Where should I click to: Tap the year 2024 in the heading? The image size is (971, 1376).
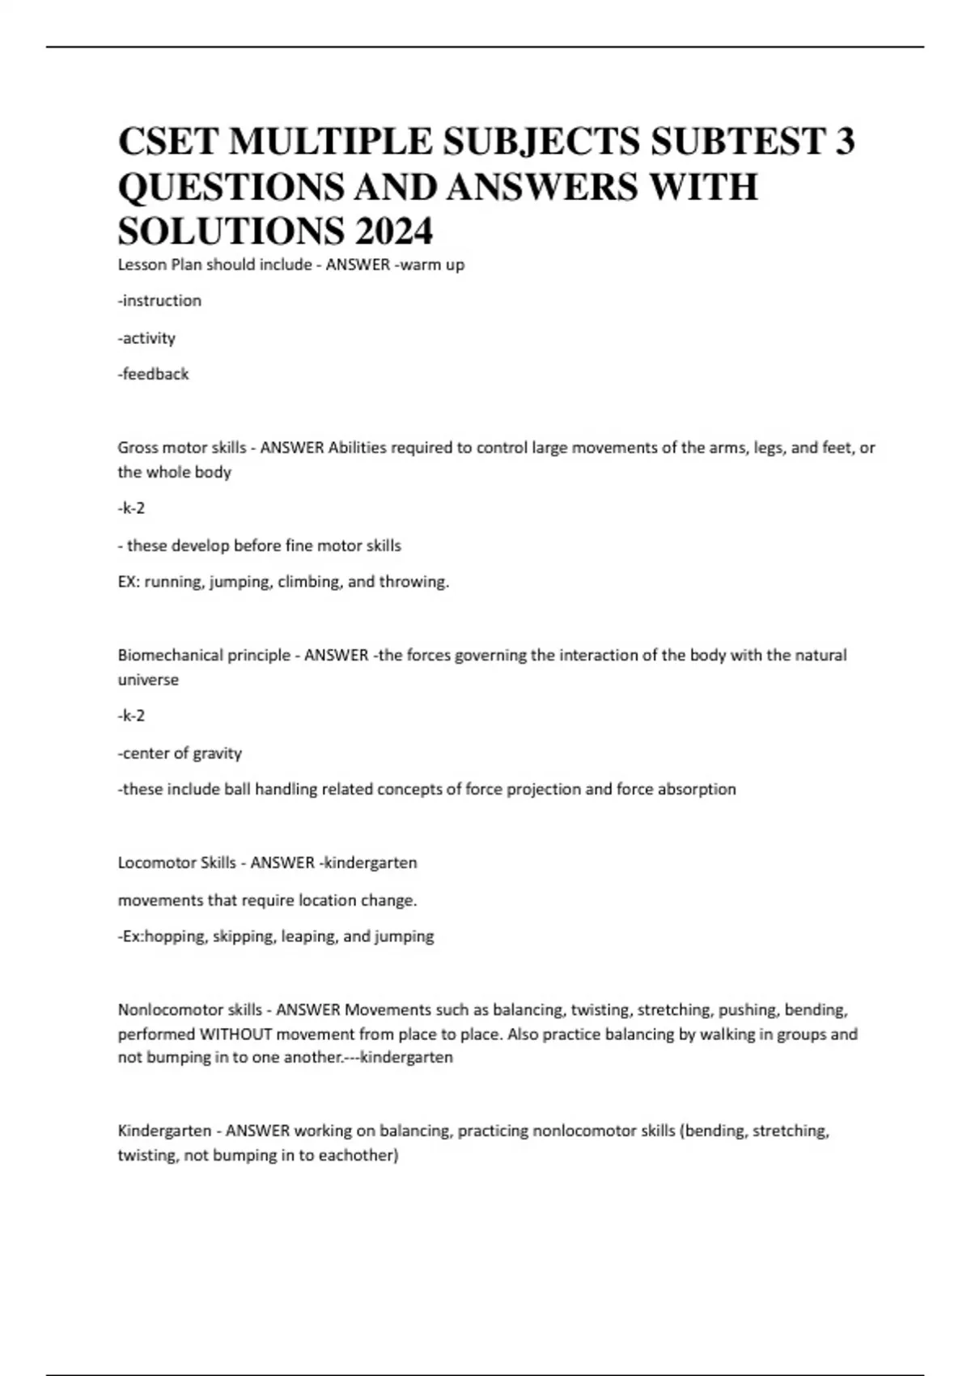[x=392, y=231]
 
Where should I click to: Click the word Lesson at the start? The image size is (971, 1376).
[x=142, y=265]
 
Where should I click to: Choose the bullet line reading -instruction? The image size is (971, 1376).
[x=159, y=301]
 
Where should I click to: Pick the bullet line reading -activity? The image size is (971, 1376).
[x=146, y=338]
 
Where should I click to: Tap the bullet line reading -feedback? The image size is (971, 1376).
[x=153, y=374]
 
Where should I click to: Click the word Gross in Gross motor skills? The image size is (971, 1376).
[x=138, y=448]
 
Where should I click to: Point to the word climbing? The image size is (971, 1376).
[x=310, y=582]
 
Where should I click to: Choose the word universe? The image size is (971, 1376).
[x=148, y=680]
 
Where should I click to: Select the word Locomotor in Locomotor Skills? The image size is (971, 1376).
[x=153, y=863]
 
